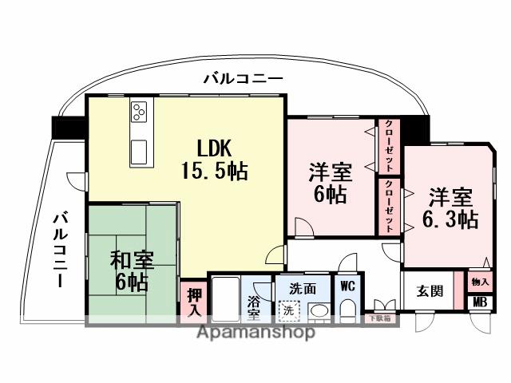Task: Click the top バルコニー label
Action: pyautogui.click(x=242, y=78)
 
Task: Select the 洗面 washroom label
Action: pyautogui.click(x=302, y=288)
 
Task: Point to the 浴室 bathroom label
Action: pyautogui.click(x=254, y=306)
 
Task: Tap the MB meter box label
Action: pyautogui.click(x=480, y=302)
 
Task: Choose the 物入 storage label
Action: pyautogui.click(x=480, y=282)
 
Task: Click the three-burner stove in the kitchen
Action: pyautogui.click(x=140, y=113)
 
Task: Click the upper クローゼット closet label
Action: pyautogui.click(x=388, y=146)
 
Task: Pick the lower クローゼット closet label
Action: pyautogui.click(x=388, y=205)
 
